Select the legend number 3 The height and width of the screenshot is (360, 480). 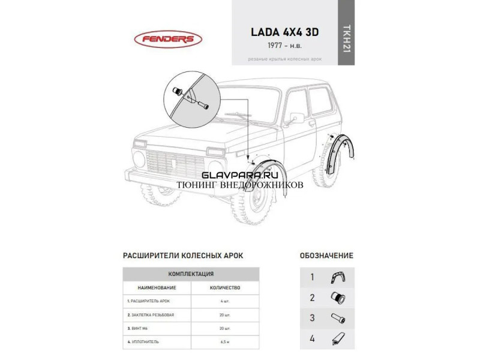312,318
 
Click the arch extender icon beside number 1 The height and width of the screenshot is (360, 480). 338,278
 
